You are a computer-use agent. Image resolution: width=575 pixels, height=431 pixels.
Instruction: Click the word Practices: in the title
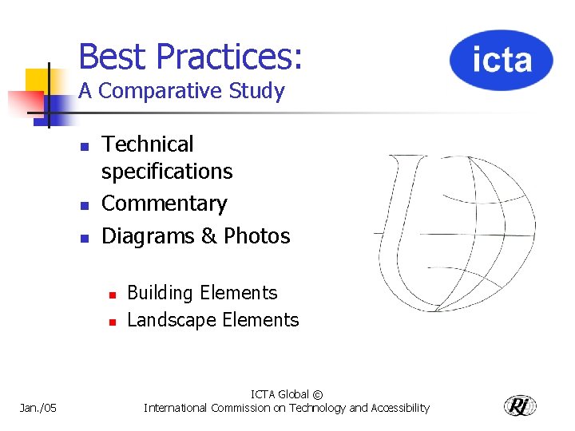click(x=229, y=57)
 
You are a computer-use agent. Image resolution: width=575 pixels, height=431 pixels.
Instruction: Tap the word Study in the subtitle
click(x=258, y=91)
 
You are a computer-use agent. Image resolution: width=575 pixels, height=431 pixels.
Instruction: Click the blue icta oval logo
click(x=501, y=61)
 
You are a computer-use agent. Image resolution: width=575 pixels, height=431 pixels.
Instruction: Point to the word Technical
click(x=148, y=144)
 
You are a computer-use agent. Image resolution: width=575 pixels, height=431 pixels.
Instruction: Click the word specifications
click(x=167, y=172)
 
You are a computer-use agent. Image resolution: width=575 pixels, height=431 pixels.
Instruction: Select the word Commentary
click(x=165, y=204)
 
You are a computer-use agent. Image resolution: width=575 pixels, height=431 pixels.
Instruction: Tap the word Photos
click(x=256, y=236)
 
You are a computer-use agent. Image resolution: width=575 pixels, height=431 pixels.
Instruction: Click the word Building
click(x=161, y=293)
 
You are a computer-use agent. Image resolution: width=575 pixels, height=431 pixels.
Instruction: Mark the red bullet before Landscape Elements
click(x=113, y=322)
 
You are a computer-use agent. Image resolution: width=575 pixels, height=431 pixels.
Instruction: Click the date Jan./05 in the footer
click(x=38, y=408)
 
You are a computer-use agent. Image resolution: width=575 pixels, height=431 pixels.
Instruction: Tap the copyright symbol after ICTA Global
click(x=318, y=394)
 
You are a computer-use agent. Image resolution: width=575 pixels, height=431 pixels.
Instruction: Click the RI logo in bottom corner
click(x=520, y=405)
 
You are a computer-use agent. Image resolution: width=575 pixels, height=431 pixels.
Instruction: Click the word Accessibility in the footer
click(x=399, y=408)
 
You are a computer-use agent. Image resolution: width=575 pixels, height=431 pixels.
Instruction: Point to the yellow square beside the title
click(x=38, y=81)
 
